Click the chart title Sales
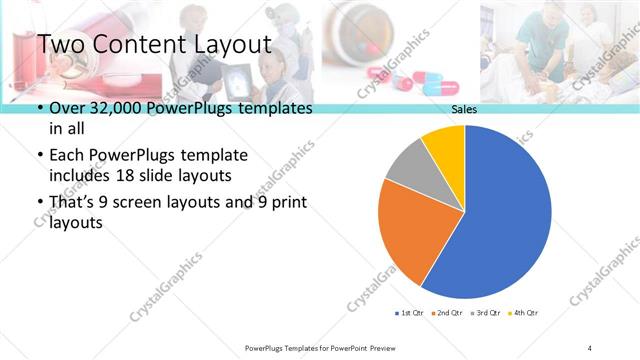[464, 109]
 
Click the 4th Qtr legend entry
[521, 313]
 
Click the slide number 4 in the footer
[590, 347]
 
